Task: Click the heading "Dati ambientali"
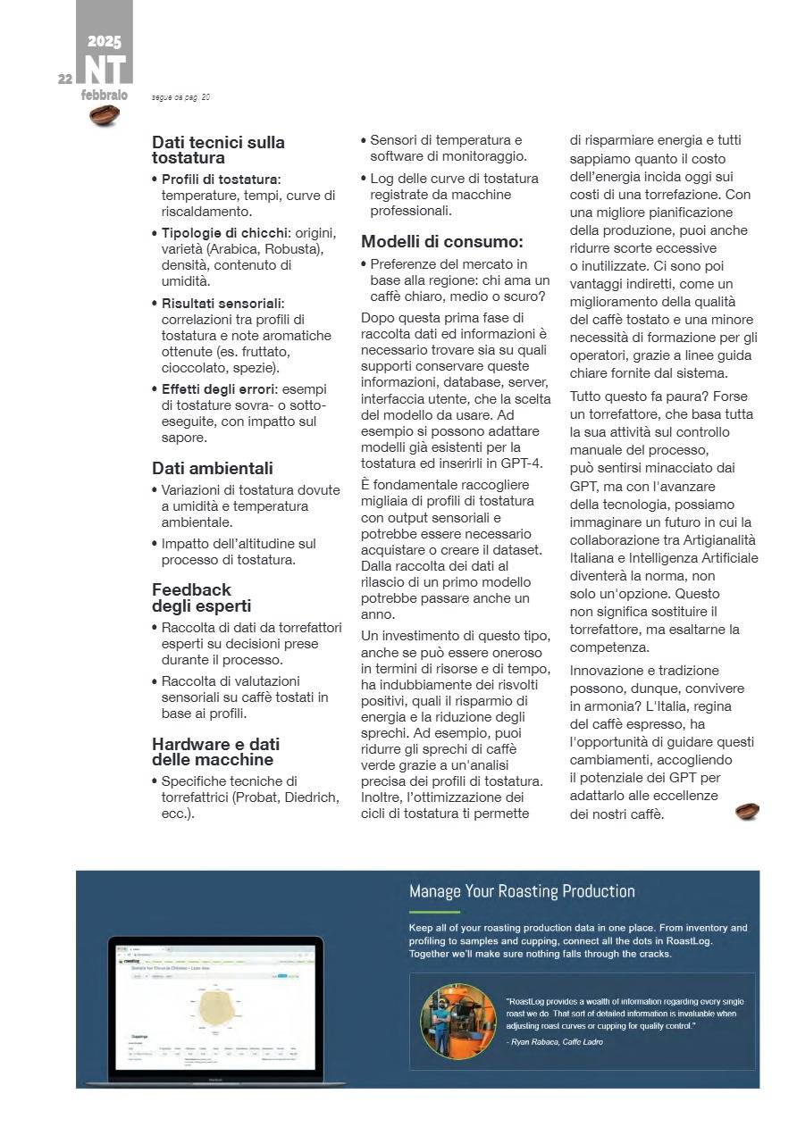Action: click(213, 468)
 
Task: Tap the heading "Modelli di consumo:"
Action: click(441, 241)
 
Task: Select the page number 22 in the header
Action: click(65, 79)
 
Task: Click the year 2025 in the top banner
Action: click(105, 41)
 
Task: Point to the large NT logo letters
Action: click(105, 70)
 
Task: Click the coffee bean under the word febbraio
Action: click(105, 114)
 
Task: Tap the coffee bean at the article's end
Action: click(747, 811)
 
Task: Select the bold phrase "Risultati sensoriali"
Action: click(222, 304)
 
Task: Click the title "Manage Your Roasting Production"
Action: click(522, 890)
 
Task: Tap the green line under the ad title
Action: click(433, 912)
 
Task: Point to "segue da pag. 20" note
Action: click(181, 96)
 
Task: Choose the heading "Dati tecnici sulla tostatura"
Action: click(218, 150)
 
